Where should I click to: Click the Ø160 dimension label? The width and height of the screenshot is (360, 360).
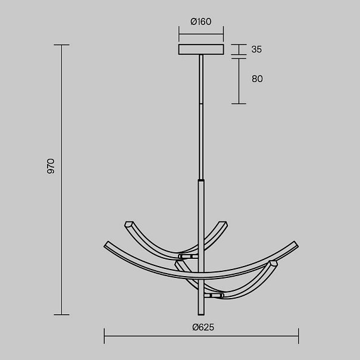201,21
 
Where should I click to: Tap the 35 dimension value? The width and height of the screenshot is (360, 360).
256,49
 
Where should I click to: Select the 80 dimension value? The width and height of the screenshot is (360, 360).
257,79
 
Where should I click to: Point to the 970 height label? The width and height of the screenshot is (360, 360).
51,166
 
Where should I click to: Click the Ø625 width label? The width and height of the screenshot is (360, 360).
203,327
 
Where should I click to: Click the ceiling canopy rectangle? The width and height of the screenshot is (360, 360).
201,49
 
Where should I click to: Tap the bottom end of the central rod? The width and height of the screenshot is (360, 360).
201,314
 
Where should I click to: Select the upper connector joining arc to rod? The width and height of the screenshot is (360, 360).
188,256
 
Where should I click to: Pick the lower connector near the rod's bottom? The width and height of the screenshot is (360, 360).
214,296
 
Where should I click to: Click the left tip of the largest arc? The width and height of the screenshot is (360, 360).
106,245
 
